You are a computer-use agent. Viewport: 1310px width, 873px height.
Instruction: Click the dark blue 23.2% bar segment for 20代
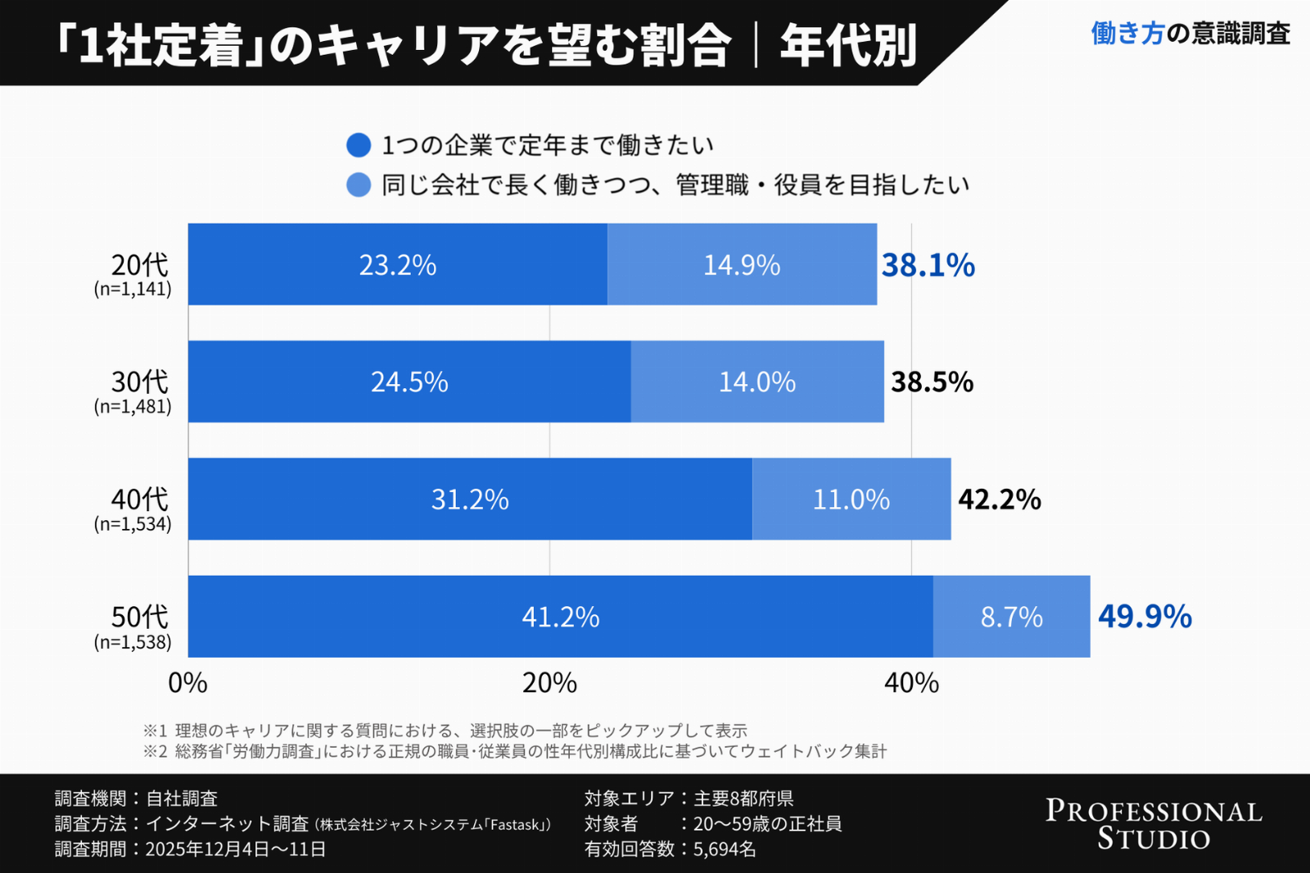[397, 265]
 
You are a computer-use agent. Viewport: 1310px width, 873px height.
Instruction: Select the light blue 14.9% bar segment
[742, 265]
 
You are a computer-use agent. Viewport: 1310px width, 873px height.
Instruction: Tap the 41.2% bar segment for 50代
[560, 617]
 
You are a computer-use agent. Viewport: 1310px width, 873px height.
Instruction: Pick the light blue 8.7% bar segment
[1011, 617]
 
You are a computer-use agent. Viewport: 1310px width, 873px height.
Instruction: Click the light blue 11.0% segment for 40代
[851, 500]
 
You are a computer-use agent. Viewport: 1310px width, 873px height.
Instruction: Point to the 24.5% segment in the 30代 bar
[409, 382]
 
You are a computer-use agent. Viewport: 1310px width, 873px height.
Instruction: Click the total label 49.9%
[1144, 617]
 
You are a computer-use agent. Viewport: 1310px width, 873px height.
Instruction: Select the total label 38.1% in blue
[928, 265]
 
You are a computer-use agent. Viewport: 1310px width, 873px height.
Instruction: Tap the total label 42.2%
[999, 500]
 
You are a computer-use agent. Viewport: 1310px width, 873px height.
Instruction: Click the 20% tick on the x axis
[549, 683]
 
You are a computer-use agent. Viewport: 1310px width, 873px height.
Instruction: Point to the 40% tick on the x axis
[911, 683]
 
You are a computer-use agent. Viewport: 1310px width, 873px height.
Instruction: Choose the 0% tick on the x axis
[187, 683]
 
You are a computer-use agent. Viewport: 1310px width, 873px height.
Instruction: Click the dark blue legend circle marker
[359, 146]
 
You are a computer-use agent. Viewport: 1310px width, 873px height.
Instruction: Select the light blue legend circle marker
[359, 185]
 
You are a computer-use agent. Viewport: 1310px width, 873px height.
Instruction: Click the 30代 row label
[139, 382]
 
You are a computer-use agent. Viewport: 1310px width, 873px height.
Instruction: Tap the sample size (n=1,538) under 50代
[133, 642]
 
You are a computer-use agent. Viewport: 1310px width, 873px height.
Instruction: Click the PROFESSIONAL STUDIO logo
[1153, 824]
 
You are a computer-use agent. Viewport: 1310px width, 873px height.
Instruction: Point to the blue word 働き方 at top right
[1127, 34]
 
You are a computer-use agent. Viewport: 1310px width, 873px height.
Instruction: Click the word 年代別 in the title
[847, 45]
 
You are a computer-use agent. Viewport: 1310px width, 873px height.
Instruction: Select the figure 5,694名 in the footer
[724, 849]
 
